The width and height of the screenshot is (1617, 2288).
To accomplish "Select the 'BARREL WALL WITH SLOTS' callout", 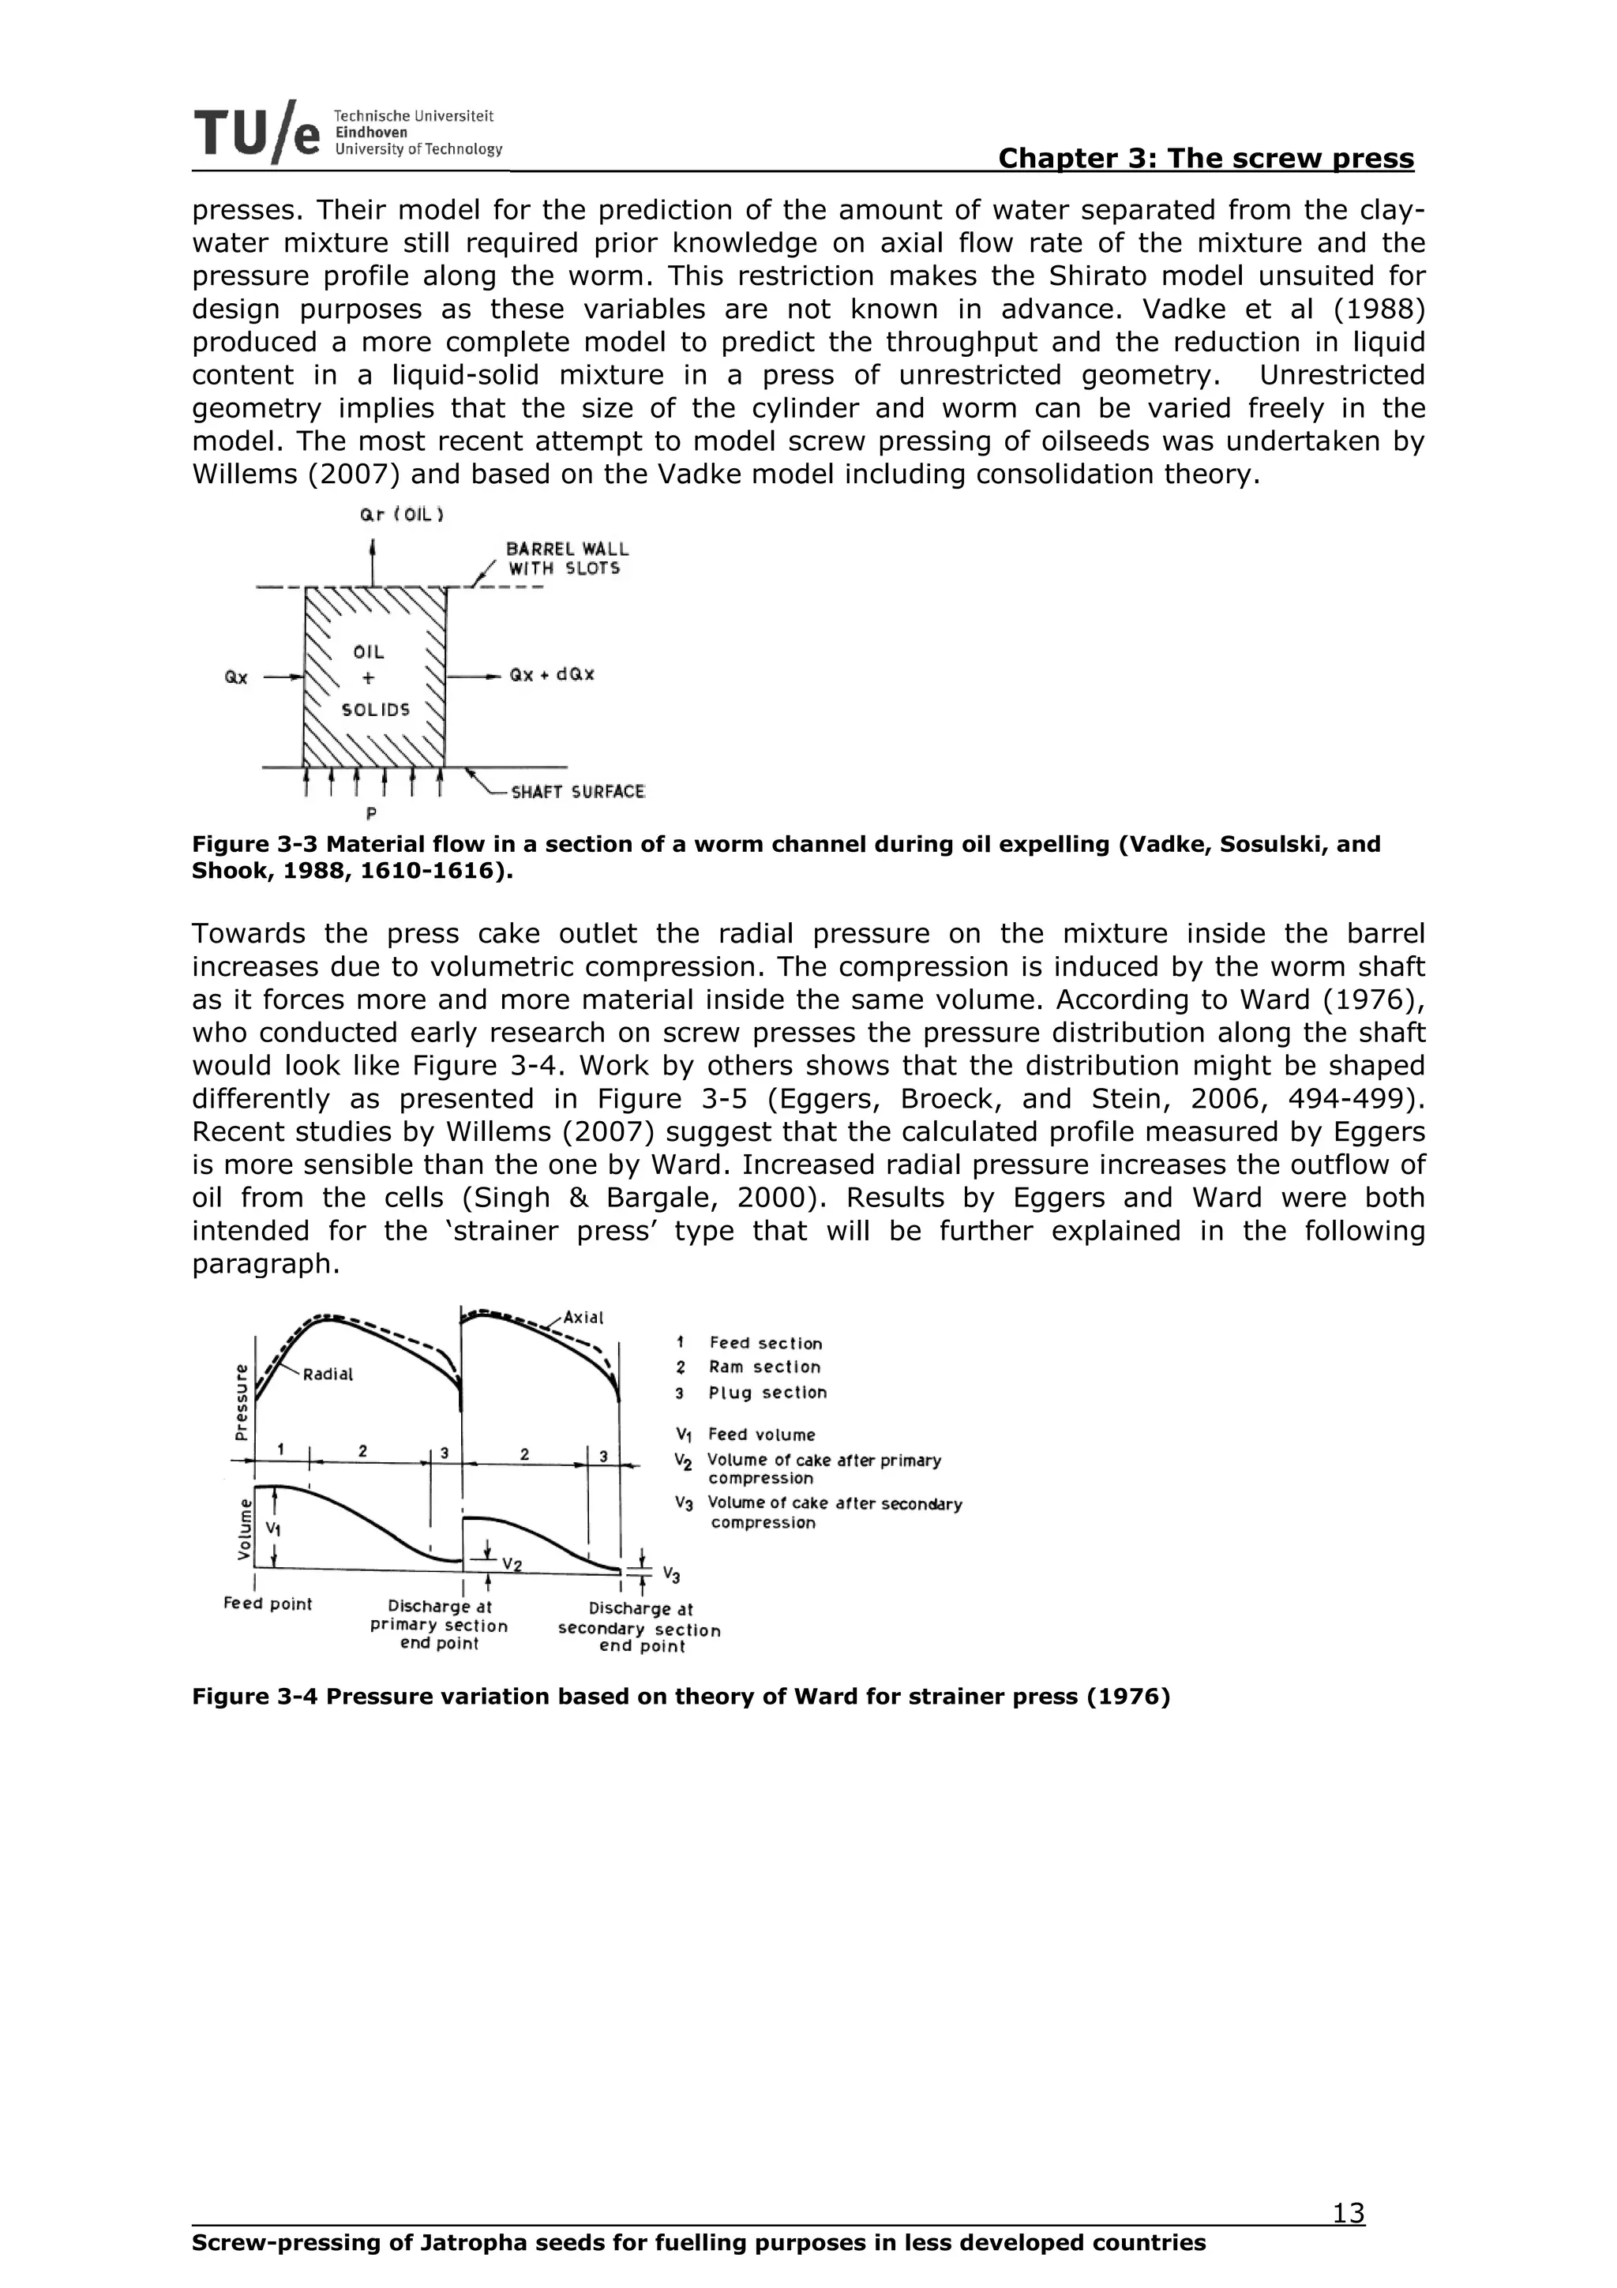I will click(x=567, y=559).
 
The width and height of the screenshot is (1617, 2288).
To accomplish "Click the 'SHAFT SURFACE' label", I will click(x=577, y=792).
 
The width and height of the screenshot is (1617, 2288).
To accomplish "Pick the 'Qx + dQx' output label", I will click(x=552, y=675).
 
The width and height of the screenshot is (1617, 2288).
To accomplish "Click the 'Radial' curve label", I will click(x=328, y=1375).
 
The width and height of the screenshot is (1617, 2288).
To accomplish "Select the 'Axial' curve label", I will click(x=583, y=1318).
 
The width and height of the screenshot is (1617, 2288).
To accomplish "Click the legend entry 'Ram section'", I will click(x=764, y=1367).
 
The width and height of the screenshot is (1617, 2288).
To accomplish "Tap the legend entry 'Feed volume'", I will click(x=761, y=1435).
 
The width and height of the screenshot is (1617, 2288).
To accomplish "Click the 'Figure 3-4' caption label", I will click(x=254, y=1696).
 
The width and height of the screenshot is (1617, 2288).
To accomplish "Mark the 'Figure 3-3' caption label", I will click(x=254, y=844).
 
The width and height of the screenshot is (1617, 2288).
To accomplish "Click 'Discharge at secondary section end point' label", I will click(x=640, y=1627).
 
